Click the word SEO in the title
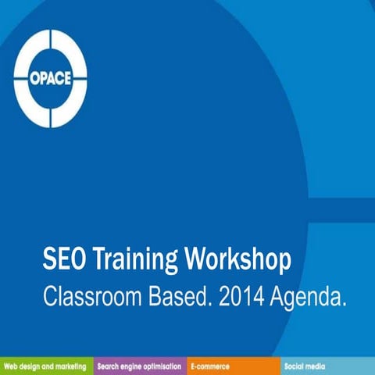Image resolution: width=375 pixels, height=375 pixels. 64,259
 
